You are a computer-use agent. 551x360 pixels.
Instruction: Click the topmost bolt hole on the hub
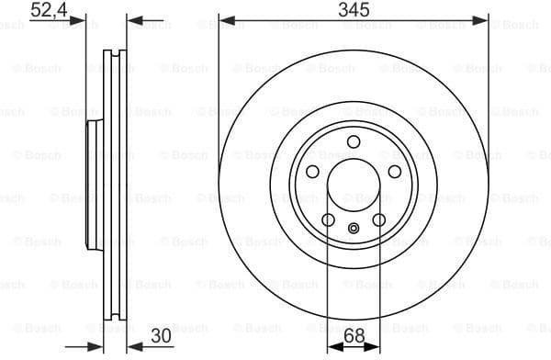(354, 143)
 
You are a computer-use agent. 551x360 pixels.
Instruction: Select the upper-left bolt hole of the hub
(312, 173)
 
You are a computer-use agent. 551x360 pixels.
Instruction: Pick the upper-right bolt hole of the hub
(395, 173)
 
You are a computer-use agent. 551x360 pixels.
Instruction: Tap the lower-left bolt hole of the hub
(328, 220)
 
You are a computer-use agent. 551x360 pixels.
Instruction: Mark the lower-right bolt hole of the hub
(379, 220)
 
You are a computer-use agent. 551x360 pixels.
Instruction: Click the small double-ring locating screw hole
(354, 231)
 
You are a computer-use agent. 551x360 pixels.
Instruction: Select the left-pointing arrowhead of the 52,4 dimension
(130, 19)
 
